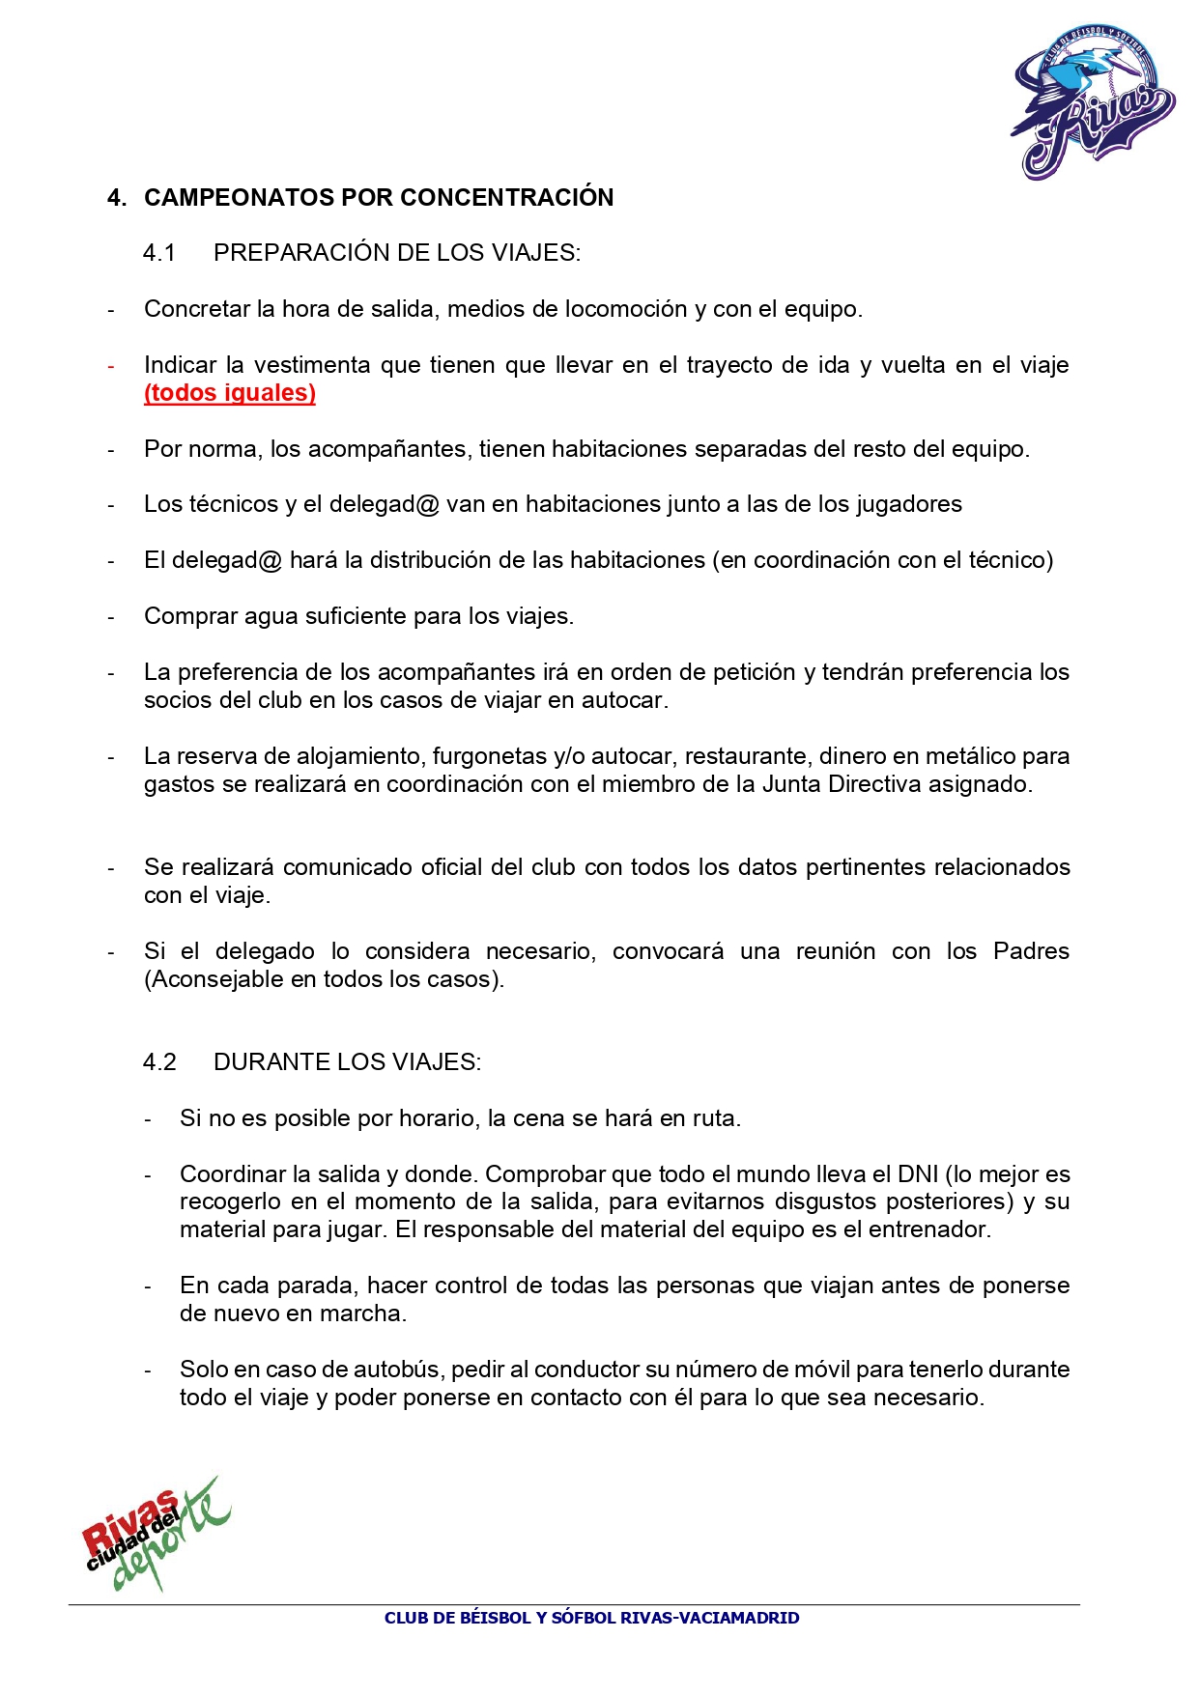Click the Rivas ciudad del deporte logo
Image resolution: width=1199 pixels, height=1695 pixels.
[155, 1534]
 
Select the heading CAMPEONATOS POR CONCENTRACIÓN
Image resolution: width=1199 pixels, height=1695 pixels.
[379, 198]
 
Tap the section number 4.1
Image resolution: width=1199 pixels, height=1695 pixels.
[159, 253]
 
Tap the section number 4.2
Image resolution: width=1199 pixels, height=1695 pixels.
[159, 1062]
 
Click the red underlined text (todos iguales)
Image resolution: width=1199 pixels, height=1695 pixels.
[230, 393]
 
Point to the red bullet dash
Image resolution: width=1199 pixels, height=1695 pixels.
[111, 366]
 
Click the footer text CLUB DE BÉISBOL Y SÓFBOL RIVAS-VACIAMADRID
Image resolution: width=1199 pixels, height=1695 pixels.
[591, 1618]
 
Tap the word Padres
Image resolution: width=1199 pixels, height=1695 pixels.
[1031, 951]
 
